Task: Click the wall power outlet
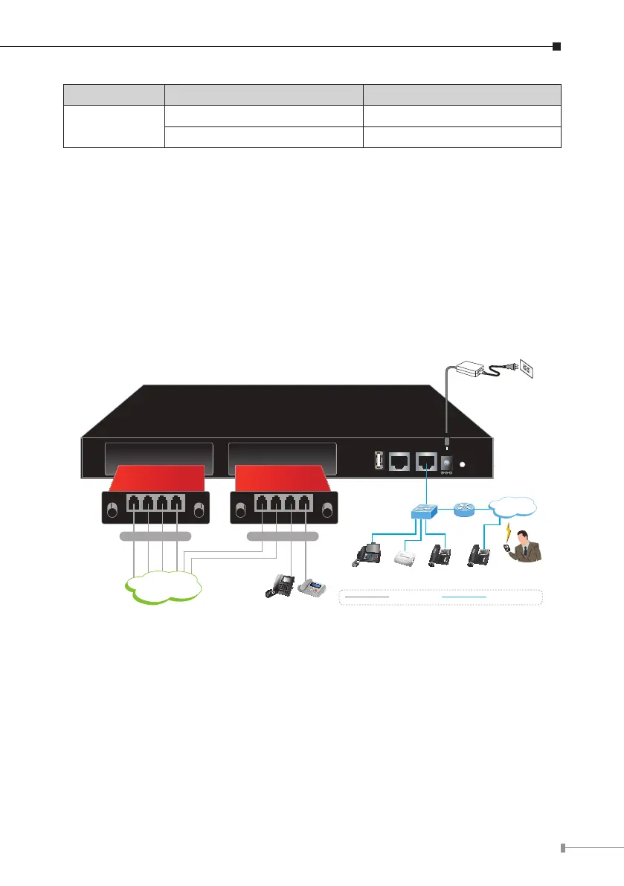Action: click(525, 366)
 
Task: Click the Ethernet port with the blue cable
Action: click(426, 461)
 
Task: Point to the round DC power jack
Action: click(448, 464)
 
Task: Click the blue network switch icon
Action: click(426, 512)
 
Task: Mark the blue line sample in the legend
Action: click(464, 597)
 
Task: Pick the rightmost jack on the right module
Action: click(305, 503)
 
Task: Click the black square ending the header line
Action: click(556, 47)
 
